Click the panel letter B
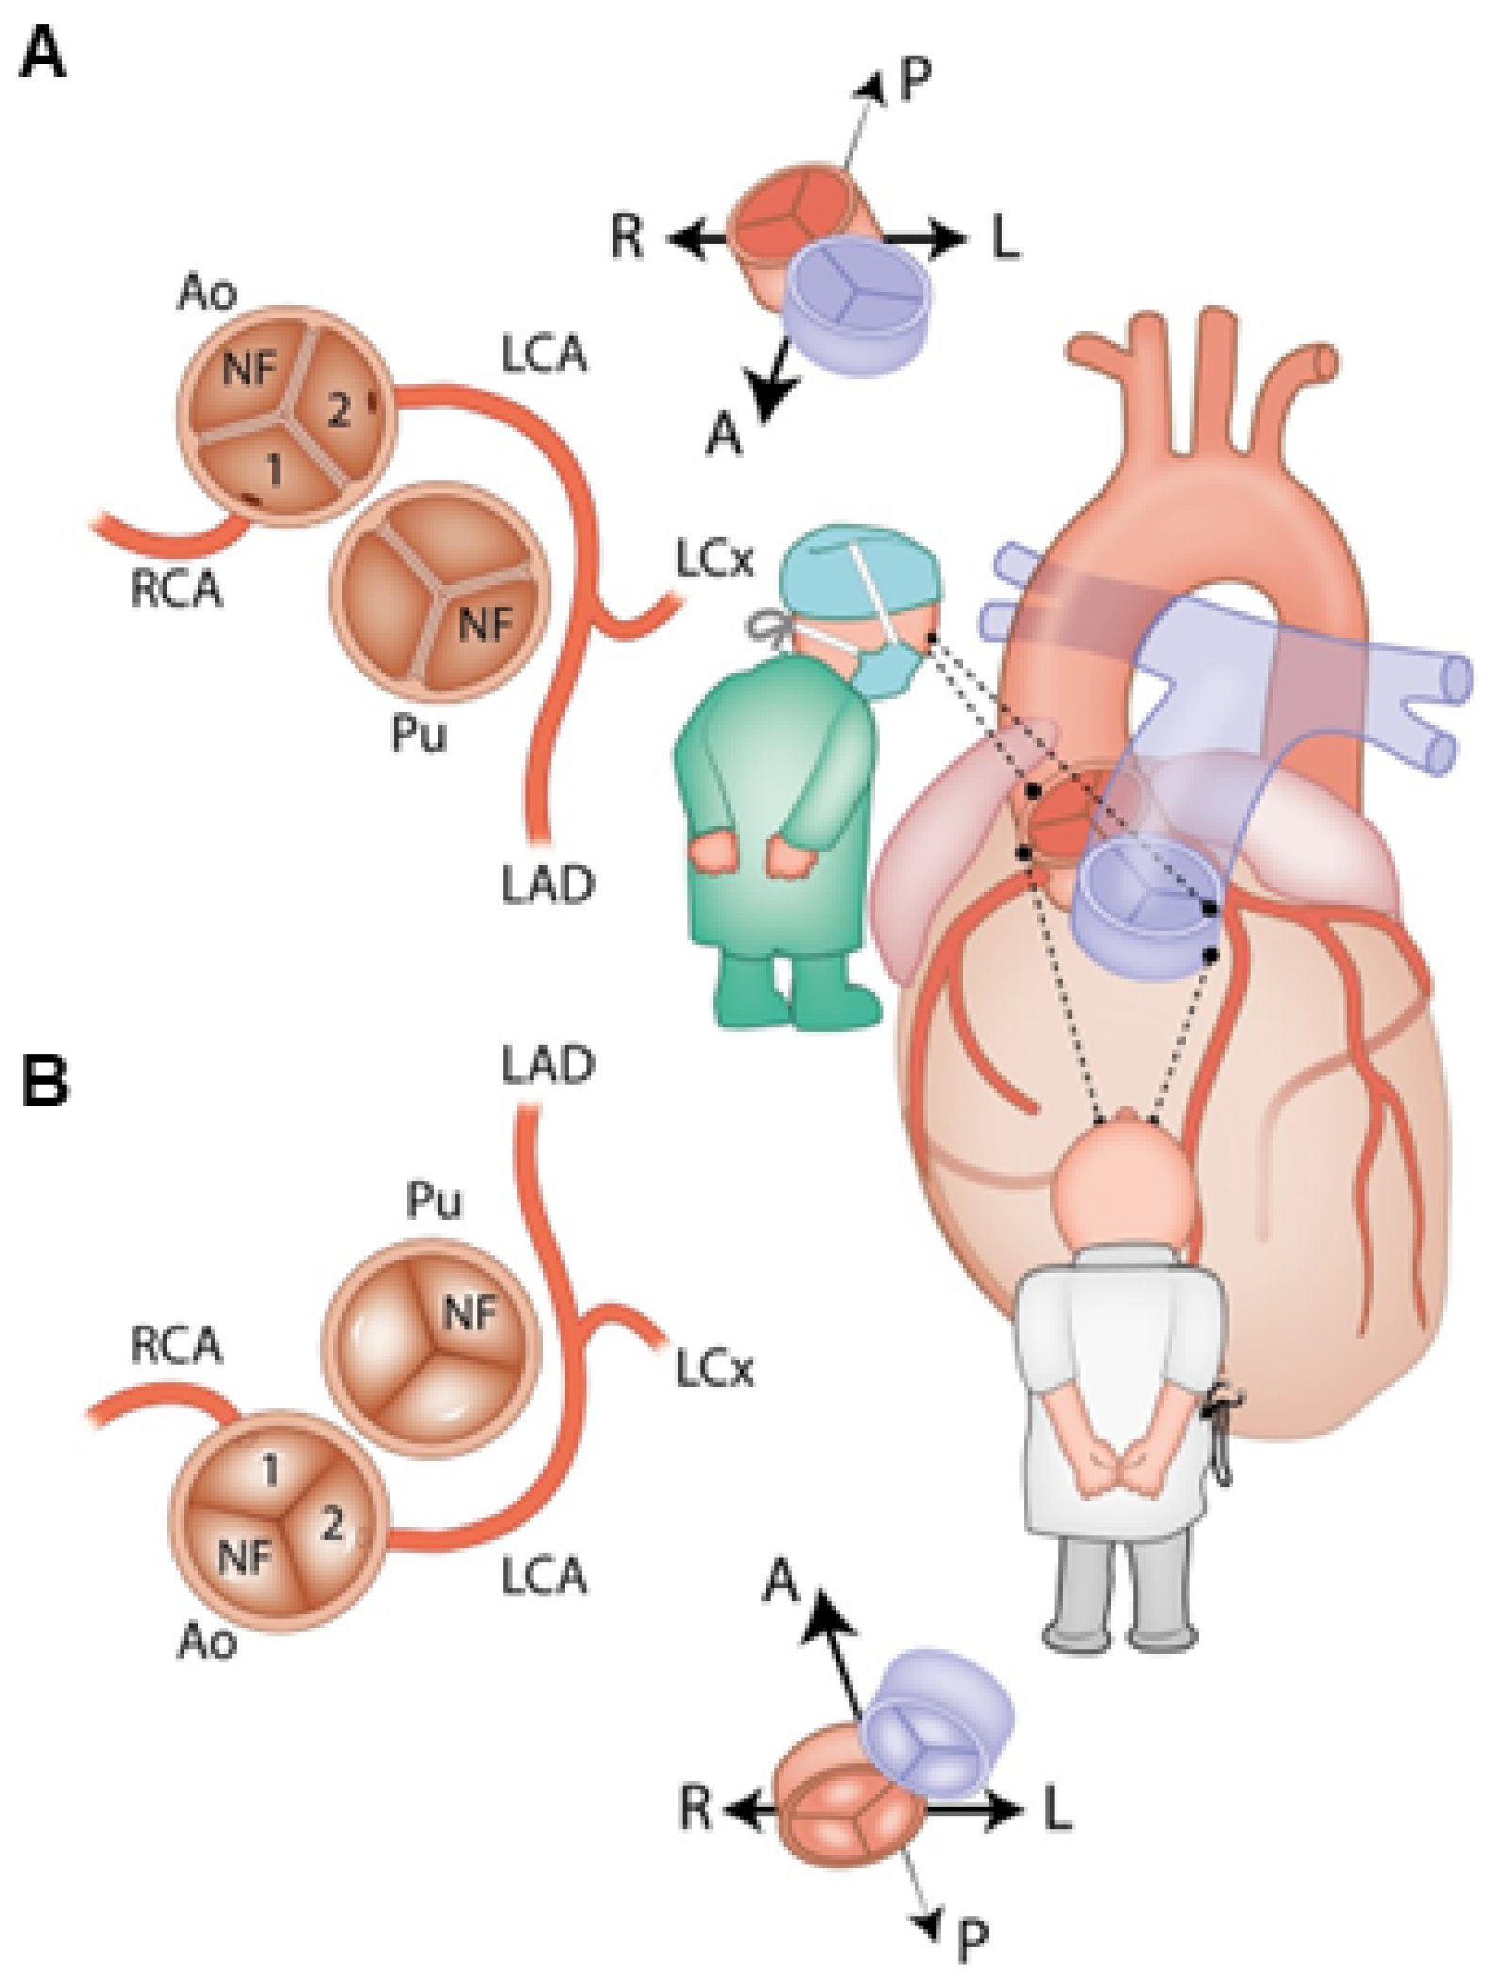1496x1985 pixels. (x=44, y=1081)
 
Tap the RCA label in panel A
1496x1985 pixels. (x=176, y=590)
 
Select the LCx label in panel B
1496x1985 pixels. (x=714, y=1371)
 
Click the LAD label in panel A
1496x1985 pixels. (x=548, y=884)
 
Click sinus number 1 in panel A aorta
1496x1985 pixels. (x=274, y=468)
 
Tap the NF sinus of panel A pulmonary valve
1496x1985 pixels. (x=485, y=623)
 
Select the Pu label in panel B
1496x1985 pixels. (x=434, y=1201)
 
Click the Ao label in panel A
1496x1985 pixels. (x=206, y=294)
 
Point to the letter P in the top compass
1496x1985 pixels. (x=915, y=81)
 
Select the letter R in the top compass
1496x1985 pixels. (x=627, y=236)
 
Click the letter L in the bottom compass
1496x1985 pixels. (x=1058, y=1808)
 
